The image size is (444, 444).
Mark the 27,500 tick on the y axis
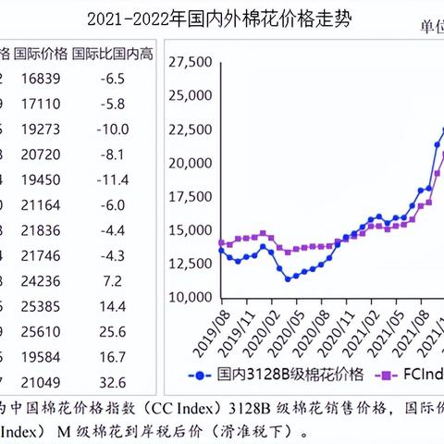point(191,62)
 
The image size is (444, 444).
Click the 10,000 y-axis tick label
point(191,297)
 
